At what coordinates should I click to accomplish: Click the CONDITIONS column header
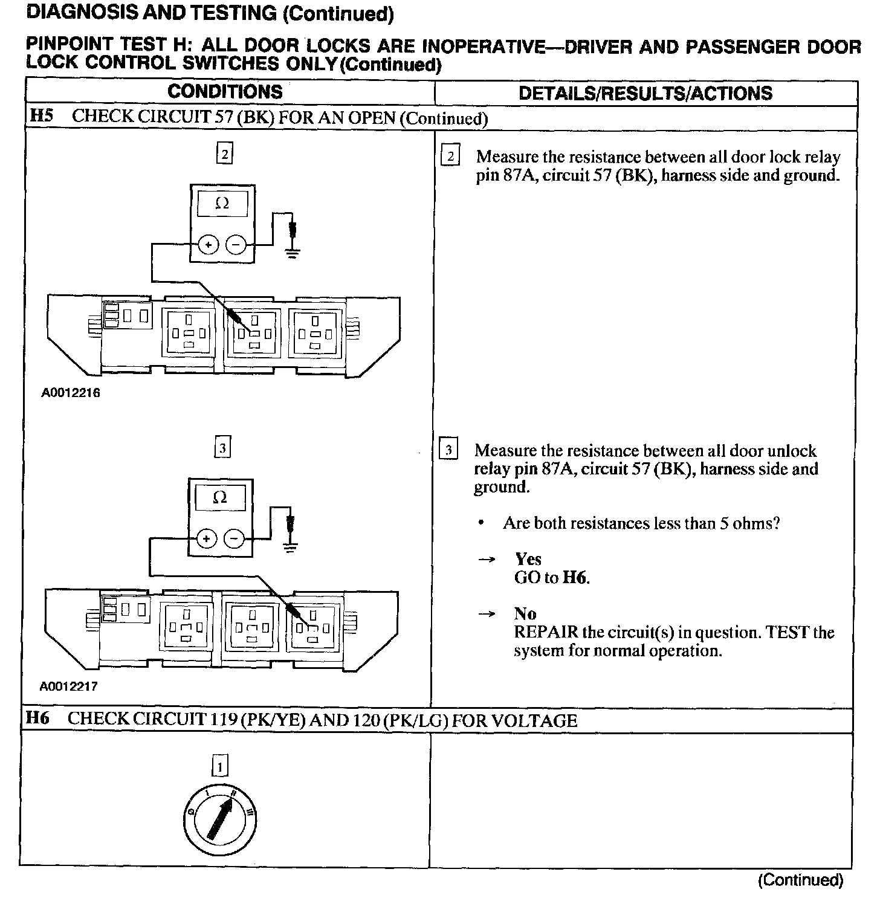[x=225, y=92]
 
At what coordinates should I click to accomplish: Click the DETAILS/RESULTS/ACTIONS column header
[x=645, y=93]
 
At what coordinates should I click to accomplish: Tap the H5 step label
[x=41, y=117]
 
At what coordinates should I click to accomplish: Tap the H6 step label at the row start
[x=37, y=719]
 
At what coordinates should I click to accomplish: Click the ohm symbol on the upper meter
[x=222, y=204]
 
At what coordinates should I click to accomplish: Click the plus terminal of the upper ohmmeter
[x=209, y=245]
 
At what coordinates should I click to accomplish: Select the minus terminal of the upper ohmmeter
[x=236, y=245]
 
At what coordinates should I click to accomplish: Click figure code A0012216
[x=71, y=393]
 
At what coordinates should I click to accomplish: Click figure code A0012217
[x=69, y=686]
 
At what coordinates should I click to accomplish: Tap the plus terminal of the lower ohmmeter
[x=207, y=538]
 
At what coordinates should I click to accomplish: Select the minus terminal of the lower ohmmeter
[x=234, y=538]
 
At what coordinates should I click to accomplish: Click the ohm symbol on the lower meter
[x=220, y=497]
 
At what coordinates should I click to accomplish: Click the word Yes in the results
[x=528, y=559]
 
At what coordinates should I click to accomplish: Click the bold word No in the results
[x=525, y=614]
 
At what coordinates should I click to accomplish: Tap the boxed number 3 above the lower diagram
[x=223, y=448]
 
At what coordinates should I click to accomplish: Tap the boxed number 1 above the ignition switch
[x=220, y=766]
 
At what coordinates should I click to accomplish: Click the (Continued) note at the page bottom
[x=800, y=880]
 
